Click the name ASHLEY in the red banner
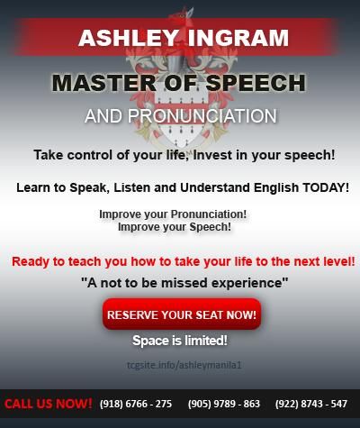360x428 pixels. coord(129,38)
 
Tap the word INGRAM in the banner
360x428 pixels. coord(238,38)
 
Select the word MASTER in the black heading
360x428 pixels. coord(104,83)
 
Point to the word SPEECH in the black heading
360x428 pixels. coord(256,83)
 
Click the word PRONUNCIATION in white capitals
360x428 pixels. coord(202,116)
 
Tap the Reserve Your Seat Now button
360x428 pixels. coord(182,314)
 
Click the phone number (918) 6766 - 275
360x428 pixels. coord(136,404)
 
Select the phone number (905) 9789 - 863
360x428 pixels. coord(224,404)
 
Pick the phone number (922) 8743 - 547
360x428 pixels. coord(311,404)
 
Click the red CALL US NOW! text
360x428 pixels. coord(49,404)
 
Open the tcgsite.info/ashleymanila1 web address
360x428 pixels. coord(184,365)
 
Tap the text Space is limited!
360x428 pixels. coord(180,341)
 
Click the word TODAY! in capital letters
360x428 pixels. coord(326,187)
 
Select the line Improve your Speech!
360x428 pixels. coord(175,227)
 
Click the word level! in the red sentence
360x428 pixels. coord(339,261)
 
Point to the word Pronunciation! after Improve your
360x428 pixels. coord(209,214)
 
